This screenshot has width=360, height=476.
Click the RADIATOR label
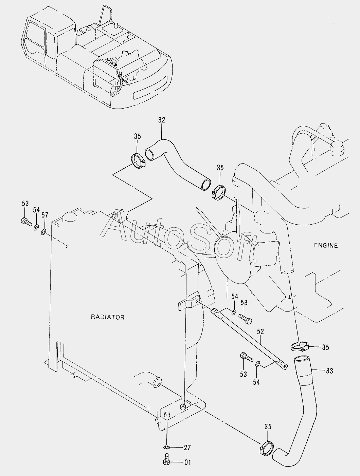[107, 317]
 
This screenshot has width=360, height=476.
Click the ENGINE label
[326, 246]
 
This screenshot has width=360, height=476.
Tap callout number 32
[162, 120]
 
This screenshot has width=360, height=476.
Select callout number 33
[330, 371]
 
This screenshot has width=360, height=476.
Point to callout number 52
[260, 331]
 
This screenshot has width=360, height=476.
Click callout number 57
[45, 215]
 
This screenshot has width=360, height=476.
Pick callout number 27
[187, 448]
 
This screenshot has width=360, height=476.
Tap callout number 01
[187, 462]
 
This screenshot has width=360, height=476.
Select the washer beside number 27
[166, 447]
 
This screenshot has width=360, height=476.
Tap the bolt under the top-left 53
[26, 222]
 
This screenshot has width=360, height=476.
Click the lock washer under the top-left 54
[36, 228]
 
